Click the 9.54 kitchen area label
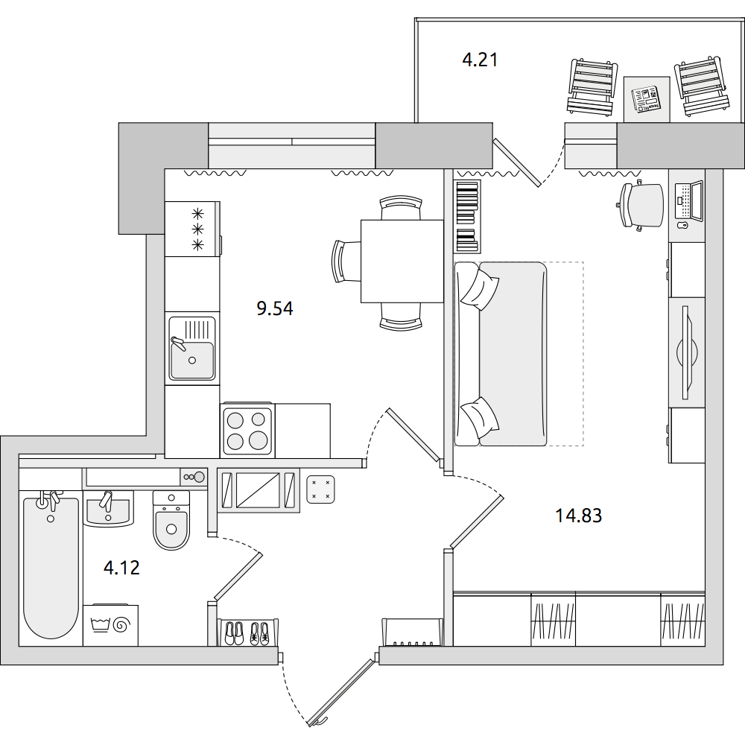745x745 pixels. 275,309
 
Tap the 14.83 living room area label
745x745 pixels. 579,516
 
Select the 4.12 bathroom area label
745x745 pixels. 121,568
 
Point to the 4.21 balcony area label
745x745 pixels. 480,60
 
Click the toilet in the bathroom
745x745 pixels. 171,520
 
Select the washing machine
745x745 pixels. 111,625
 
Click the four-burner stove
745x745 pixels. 247,430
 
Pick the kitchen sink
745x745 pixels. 192,348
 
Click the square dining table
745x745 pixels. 402,261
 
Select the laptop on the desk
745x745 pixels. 689,200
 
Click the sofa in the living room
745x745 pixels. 501,354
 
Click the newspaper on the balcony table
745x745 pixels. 646,99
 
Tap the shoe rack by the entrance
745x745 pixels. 247,633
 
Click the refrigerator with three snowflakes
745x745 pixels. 192,229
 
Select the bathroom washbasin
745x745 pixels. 108,508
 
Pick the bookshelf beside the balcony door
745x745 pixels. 468,216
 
